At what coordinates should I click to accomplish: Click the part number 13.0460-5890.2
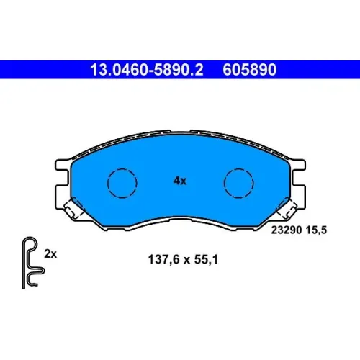[x=147, y=70]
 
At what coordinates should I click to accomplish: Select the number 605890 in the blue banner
[x=250, y=70]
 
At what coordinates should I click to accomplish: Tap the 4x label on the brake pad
[x=180, y=181]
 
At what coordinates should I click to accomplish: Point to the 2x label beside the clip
[x=50, y=253]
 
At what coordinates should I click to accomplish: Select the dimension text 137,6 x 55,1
[x=183, y=259]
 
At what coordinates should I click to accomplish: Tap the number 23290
[x=287, y=230]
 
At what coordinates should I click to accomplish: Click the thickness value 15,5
[x=316, y=230]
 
